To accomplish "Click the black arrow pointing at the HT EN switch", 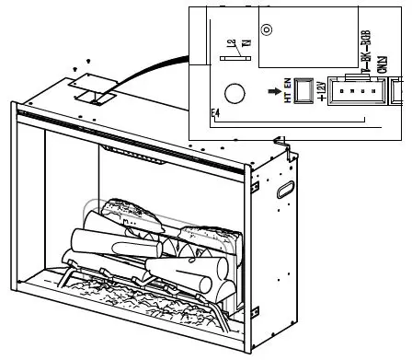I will point(273,92).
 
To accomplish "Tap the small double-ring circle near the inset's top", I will point(266,29).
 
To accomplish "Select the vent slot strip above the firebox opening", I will point(138,154).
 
